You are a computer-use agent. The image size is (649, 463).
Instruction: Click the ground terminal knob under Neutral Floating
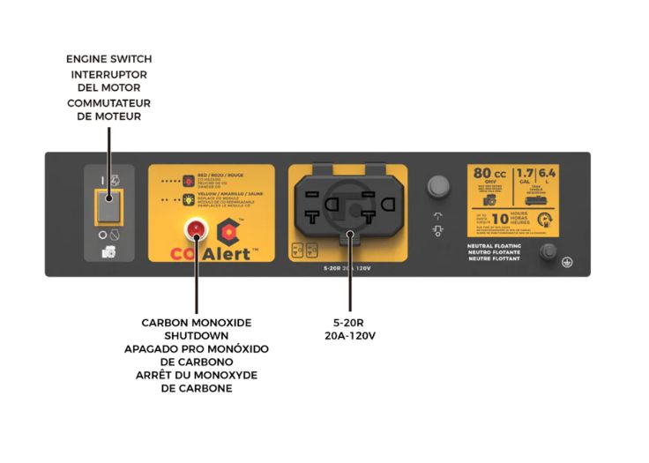coord(547,251)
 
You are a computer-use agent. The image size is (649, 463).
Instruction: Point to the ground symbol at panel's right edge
coord(569,262)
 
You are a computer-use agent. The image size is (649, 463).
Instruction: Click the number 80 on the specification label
coord(484,174)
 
